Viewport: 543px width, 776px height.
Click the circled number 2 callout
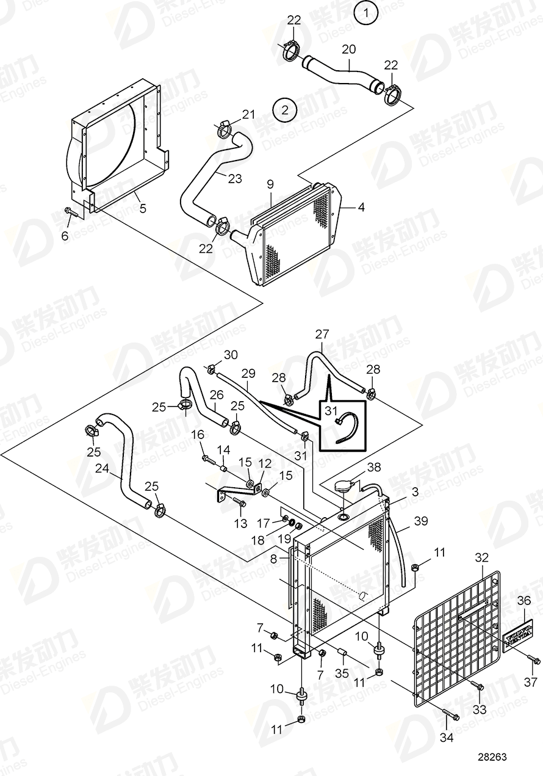point(285,111)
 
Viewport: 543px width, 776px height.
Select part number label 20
point(348,49)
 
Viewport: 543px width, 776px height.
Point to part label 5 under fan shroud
point(142,208)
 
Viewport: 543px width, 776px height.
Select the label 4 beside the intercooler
point(361,208)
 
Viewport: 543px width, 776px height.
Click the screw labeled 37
point(534,660)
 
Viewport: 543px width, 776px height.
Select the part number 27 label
point(322,335)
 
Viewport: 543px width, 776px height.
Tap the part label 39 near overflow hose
point(421,521)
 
